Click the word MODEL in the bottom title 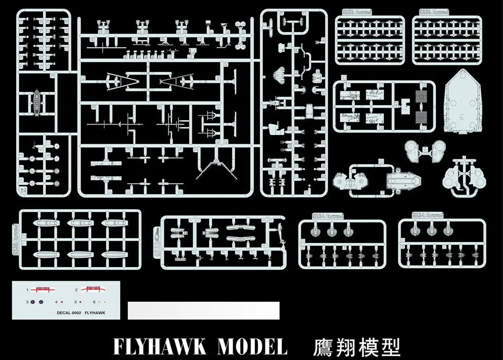click(252, 347)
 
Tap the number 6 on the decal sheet click(94, 302)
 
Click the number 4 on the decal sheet click(56, 302)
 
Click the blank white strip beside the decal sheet click(203, 310)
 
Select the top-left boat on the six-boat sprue click(42, 223)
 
